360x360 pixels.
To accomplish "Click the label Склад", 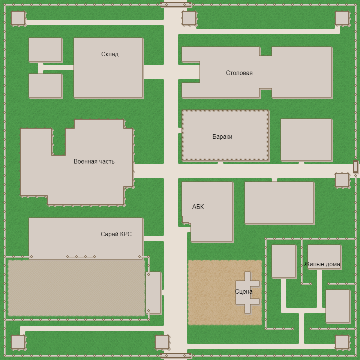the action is [110, 54].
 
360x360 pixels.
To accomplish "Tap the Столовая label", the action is [239, 73].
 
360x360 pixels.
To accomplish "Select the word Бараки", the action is [222, 137].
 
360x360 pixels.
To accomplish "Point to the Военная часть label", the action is [94, 161].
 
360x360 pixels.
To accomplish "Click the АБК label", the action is [198, 207].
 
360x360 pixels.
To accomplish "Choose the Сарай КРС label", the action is [116, 234].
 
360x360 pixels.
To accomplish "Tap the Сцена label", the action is [244, 292].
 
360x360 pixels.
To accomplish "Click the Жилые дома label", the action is [322, 264].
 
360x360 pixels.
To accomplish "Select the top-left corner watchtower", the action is [18, 18].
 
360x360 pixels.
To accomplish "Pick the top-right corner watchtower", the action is [342, 18].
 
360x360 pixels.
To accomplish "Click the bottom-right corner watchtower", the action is [342, 342].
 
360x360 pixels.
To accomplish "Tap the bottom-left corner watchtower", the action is [18, 342].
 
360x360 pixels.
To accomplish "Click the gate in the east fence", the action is [355, 166].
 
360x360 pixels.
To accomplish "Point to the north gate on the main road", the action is [175, 4].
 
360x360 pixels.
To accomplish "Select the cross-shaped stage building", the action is [247, 292].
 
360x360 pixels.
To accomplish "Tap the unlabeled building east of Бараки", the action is [306, 139].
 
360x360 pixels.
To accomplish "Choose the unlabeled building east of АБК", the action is [279, 203].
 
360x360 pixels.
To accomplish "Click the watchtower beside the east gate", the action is [342, 180].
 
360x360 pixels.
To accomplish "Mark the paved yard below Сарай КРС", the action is [76, 288].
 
